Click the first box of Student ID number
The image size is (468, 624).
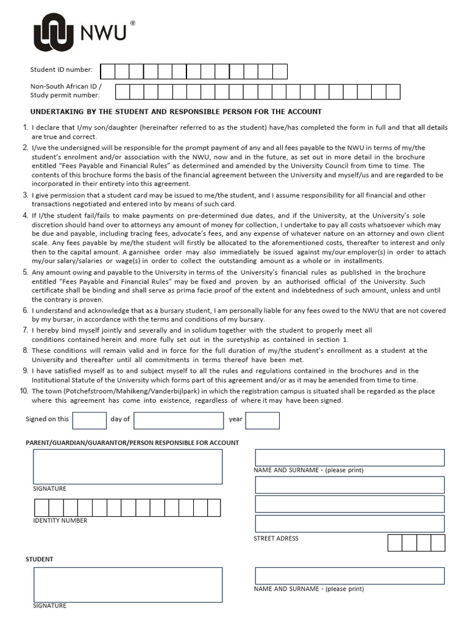coord(107,71)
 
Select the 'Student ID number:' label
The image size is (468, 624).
coord(62,70)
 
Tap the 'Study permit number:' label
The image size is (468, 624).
coord(65,95)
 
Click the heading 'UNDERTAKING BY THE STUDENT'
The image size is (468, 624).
coord(176,112)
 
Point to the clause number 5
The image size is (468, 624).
coord(26,272)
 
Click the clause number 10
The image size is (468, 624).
coord(24,391)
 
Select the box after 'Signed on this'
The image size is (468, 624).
coord(89,420)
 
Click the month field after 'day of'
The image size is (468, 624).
coord(179,420)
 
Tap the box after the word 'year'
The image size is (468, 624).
coord(262,420)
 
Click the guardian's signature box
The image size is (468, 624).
coord(128,467)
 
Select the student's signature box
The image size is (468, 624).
coord(128,584)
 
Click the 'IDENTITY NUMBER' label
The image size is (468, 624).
coord(60,520)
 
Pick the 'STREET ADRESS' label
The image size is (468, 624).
coord(276,539)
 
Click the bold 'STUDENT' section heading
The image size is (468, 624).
coord(39,559)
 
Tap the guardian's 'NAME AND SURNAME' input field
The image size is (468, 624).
coord(349,458)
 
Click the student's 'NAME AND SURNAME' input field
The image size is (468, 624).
coord(349,576)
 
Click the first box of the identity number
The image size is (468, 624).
coord(41,508)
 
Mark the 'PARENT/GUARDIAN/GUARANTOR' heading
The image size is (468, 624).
coord(132,442)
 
